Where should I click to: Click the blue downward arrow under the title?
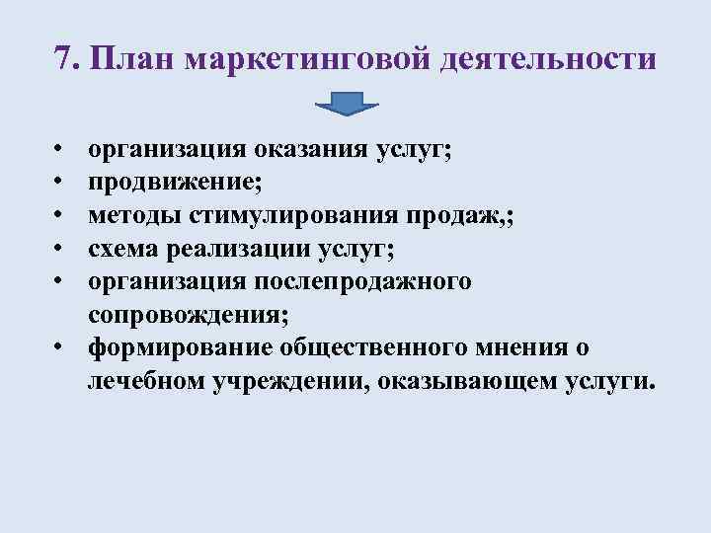click(347, 104)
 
